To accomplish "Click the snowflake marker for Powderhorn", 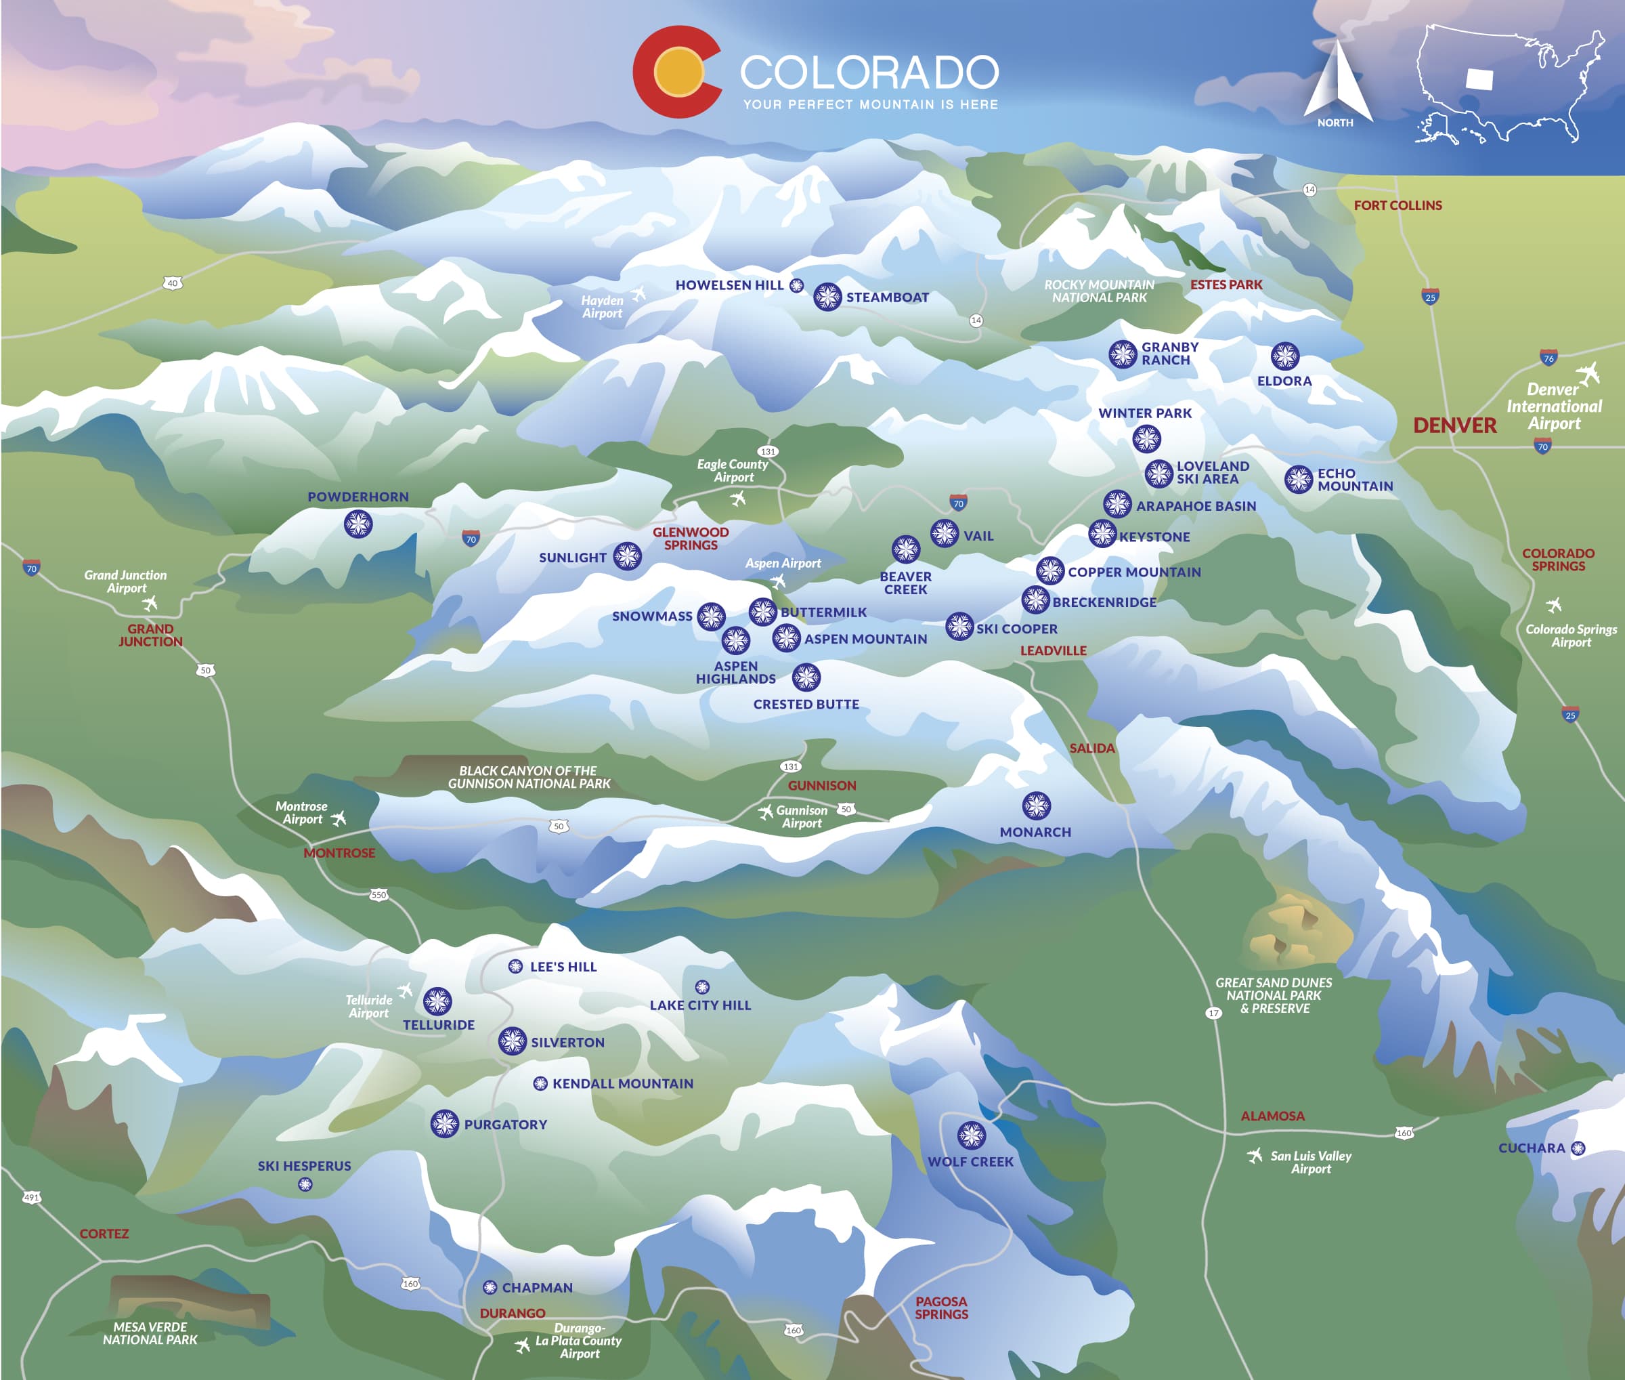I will click(x=358, y=524).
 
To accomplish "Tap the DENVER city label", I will click(x=1454, y=425).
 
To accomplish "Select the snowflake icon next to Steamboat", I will click(x=827, y=297).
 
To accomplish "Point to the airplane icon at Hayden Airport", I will click(x=639, y=293).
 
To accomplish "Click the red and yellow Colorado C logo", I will click(x=677, y=72).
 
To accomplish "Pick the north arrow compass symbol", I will click(x=1337, y=83).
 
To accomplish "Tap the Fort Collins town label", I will click(x=1397, y=205).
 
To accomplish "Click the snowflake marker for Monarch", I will click(x=1036, y=806).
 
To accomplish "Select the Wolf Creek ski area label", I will click(x=970, y=1162).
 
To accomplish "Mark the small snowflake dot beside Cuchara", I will click(x=1578, y=1148).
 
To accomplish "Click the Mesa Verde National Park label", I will click(x=150, y=1333).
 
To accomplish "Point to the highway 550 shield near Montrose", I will click(x=378, y=894).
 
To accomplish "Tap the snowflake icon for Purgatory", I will click(x=444, y=1123).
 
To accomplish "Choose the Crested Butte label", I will click(x=806, y=704).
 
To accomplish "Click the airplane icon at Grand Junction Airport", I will click(x=150, y=602).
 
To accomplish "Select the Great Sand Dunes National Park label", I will click(x=1273, y=995).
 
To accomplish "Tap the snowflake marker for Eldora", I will click(x=1284, y=356).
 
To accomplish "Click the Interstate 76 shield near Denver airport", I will click(x=1548, y=358).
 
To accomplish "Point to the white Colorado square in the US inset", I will click(x=1479, y=79).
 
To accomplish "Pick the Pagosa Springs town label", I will click(x=942, y=1308).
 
